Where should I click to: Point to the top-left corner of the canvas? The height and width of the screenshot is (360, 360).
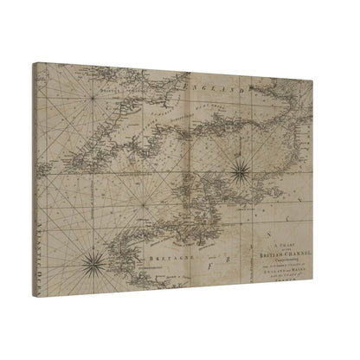(33, 61)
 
